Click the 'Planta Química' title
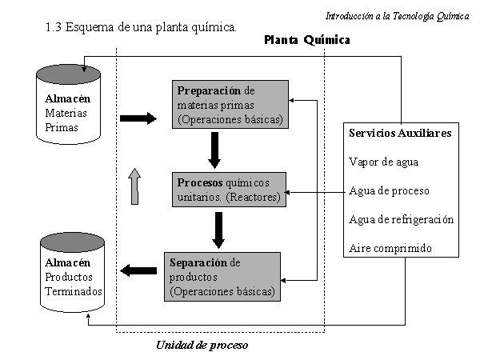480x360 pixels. (307, 40)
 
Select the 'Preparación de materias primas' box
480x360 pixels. (230, 104)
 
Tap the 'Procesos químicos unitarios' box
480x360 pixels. (229, 190)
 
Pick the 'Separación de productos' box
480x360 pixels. (222, 277)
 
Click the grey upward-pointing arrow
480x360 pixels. (134, 186)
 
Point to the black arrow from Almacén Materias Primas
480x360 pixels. (138, 118)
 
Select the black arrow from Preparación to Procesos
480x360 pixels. (214, 150)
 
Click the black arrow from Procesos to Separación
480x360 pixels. (218, 230)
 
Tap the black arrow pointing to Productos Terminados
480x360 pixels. (138, 270)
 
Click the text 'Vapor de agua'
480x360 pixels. (383, 162)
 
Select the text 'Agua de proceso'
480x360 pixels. (389, 190)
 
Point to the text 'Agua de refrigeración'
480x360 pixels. (402, 219)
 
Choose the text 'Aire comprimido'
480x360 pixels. (390, 248)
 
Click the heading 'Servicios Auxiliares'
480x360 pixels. (400, 133)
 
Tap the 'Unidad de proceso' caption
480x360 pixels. (202, 346)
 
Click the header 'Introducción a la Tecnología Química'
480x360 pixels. (397, 16)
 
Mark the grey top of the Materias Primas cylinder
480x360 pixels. (68, 74)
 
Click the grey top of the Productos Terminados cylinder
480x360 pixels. (72, 242)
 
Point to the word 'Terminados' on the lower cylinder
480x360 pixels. (74, 291)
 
